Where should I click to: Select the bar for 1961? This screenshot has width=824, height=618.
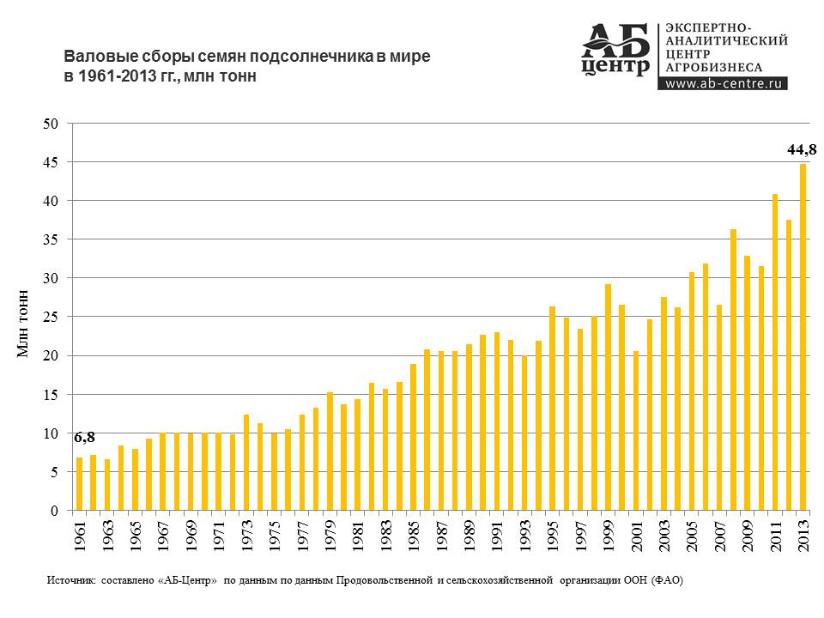[80, 484]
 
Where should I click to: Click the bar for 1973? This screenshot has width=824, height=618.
[246, 463]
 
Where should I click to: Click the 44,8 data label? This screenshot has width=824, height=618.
[803, 150]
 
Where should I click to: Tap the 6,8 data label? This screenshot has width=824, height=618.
[83, 438]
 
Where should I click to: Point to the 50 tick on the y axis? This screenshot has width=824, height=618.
[51, 124]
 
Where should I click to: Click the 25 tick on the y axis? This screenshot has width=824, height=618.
[51, 318]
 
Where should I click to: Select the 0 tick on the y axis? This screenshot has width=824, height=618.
[54, 511]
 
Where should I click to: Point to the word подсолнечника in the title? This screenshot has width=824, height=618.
[309, 57]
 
